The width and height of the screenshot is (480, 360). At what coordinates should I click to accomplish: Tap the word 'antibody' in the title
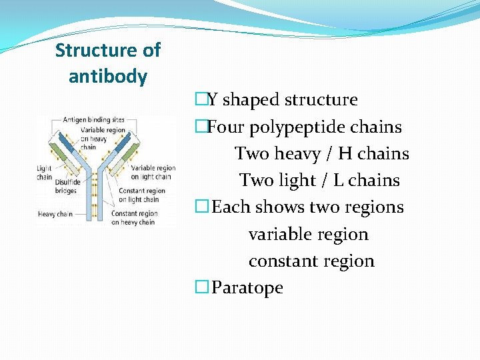pyautogui.click(x=108, y=77)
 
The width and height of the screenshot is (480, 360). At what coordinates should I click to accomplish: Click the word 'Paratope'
pyautogui.click(x=247, y=288)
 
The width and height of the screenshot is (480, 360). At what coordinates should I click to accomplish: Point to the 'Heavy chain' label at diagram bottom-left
pyautogui.click(x=56, y=214)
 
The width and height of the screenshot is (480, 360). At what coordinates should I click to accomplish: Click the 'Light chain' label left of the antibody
pyautogui.click(x=45, y=173)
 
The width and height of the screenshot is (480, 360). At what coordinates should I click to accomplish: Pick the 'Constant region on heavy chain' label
pyautogui.click(x=135, y=217)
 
